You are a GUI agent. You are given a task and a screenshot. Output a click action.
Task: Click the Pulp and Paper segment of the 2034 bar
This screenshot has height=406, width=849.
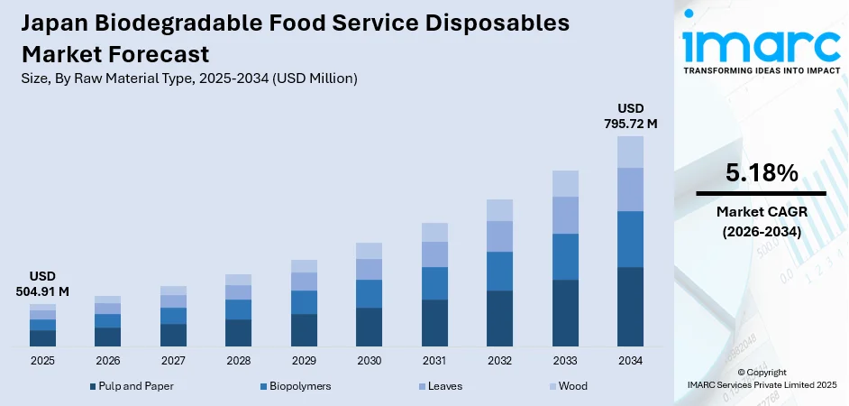pos(630,307)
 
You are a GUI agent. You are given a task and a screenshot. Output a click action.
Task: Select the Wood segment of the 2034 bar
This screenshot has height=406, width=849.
pos(630,152)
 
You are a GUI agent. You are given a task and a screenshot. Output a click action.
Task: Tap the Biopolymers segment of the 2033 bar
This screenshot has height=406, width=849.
pos(565,256)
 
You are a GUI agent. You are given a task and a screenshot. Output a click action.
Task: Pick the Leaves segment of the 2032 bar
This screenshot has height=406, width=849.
pos(499,235)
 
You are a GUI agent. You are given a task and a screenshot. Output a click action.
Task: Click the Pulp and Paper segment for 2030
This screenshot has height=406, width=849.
pos(369,327)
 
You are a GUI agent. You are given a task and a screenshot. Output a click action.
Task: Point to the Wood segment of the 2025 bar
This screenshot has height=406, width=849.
pos(42,308)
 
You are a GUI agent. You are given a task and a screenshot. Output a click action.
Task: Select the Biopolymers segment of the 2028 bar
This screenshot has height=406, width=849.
pos(238,309)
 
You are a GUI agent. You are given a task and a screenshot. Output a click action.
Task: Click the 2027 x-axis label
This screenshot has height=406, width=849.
pos(173,360)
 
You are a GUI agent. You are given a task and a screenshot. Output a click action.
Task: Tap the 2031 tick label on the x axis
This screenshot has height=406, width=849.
pos(434,360)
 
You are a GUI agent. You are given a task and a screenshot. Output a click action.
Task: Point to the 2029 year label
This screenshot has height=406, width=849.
pos(304,360)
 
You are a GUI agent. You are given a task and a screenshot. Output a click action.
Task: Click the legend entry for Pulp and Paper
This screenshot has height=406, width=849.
pos(132,386)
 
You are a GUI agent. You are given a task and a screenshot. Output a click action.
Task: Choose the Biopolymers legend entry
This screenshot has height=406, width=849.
pos(294,386)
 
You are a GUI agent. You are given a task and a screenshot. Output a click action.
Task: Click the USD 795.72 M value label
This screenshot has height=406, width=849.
pos(630,115)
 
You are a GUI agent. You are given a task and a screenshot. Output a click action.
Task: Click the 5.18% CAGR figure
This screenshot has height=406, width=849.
pos(761,173)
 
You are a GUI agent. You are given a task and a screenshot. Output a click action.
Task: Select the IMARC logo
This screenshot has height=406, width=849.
pos(761,45)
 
